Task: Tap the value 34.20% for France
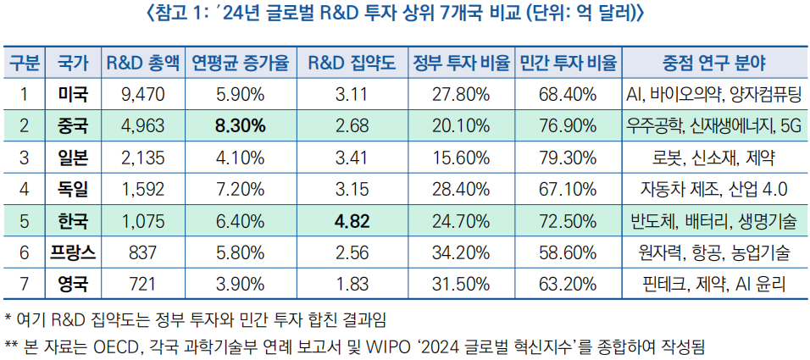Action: [x=461, y=252]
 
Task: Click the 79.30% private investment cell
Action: [x=567, y=158]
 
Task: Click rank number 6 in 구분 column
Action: [x=25, y=252]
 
